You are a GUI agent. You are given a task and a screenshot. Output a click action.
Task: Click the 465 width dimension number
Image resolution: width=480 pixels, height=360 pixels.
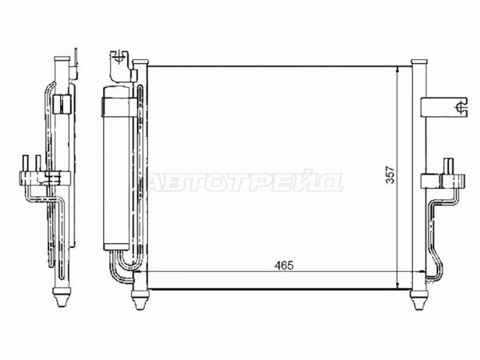pyautogui.click(x=284, y=265)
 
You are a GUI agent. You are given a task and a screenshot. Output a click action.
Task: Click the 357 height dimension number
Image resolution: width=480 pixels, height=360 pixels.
pyautogui.click(x=390, y=174)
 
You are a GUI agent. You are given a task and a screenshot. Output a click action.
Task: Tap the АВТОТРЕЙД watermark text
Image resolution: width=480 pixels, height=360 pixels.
pyautogui.click(x=245, y=182)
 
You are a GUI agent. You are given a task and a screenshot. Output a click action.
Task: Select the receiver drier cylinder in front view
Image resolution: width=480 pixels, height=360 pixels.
pyautogui.click(x=117, y=167)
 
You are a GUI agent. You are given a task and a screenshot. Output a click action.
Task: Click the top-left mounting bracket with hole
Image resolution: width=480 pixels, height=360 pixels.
pyautogui.click(x=118, y=66)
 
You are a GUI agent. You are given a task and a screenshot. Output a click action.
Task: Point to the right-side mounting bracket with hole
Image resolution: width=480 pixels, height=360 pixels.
pyautogui.click(x=445, y=107)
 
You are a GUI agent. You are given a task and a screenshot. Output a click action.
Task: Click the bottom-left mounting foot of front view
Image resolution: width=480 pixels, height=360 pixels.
pyautogui.click(x=140, y=299)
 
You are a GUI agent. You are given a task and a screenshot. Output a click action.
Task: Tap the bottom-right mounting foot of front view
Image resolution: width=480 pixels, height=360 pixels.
pyautogui.click(x=418, y=299)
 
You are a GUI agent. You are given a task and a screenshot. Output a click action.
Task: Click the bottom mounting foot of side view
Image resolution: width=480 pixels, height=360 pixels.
pyautogui.click(x=62, y=296)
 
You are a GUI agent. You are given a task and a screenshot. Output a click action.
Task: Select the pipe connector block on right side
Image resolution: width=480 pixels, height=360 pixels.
pyautogui.click(x=443, y=180)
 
